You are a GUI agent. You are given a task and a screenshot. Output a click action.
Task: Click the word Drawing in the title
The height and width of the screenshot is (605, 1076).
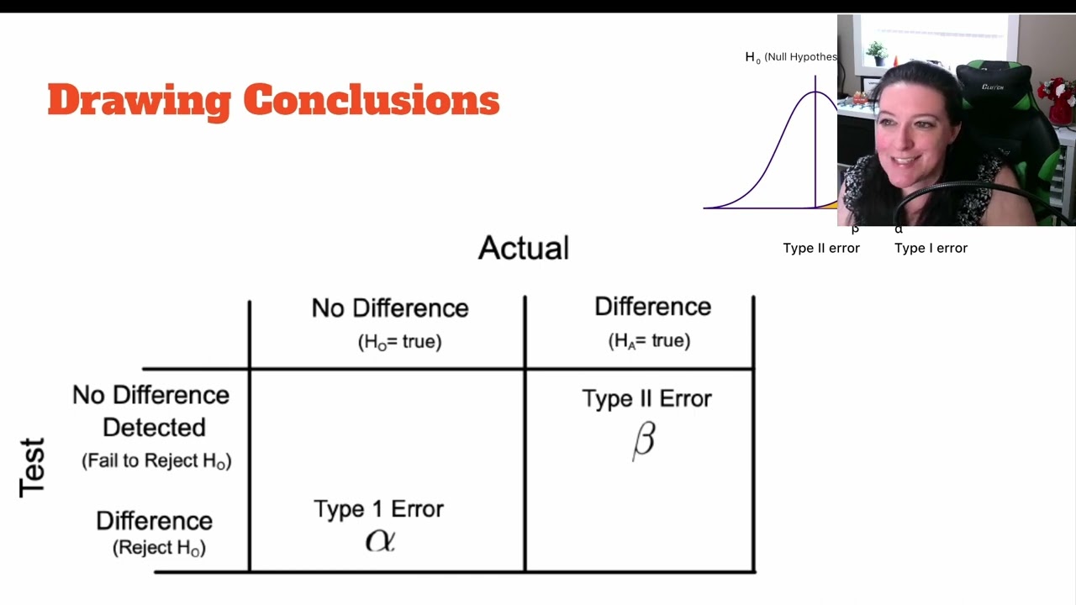139,101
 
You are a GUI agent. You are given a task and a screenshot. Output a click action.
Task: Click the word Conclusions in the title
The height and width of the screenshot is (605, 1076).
372,101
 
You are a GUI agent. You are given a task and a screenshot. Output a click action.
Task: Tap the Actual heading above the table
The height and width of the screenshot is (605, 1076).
524,248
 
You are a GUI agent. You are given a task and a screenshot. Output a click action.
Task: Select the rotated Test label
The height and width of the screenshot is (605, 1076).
33,467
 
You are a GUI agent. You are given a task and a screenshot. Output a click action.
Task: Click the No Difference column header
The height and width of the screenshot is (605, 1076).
390,308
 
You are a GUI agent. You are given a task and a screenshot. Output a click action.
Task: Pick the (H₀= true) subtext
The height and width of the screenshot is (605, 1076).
399,342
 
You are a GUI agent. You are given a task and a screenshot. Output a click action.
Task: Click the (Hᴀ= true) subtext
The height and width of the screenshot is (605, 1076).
649,341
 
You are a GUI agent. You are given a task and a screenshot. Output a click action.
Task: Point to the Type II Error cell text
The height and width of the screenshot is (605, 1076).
646,398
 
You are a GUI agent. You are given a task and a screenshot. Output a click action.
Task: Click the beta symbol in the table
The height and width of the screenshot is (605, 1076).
643,440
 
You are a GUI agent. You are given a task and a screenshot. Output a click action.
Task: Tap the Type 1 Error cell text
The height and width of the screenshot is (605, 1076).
378,509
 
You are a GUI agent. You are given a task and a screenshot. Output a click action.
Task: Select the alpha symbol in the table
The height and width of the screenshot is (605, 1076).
380,540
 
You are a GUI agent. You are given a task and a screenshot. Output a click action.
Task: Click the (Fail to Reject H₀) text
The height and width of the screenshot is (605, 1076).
156,461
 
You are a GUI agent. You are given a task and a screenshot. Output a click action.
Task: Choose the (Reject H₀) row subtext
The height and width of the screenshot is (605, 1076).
159,548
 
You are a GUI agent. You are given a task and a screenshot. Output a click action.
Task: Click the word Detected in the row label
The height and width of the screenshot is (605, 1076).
154,428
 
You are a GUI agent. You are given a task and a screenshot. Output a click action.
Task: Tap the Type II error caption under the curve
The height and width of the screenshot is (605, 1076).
821,248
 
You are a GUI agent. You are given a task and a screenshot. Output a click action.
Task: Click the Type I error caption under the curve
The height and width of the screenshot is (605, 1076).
931,248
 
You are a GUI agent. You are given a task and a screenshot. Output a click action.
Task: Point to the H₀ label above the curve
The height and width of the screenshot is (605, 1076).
752,57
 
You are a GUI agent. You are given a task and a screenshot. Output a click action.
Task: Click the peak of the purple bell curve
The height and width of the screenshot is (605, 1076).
815,92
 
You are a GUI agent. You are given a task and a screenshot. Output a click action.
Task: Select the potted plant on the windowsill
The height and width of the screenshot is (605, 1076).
877,53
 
